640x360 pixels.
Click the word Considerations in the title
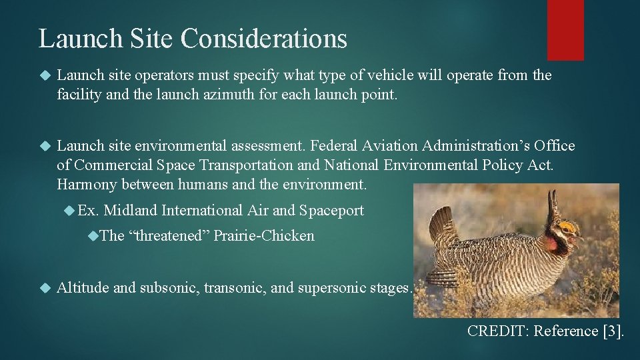click(264, 38)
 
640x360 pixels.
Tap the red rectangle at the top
click(565, 30)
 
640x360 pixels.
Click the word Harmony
click(86, 183)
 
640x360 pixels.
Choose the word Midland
click(131, 211)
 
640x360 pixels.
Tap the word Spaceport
click(331, 211)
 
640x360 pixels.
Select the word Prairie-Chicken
click(264, 236)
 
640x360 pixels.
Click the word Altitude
click(83, 288)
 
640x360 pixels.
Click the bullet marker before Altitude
click(45, 288)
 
